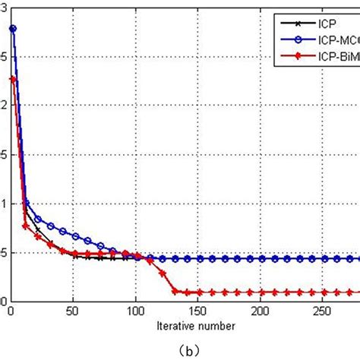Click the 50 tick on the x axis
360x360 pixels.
click(74, 311)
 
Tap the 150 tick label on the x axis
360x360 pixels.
click(199, 311)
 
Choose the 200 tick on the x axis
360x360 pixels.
click(261, 311)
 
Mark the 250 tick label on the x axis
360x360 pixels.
click(324, 311)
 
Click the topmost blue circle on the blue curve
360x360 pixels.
click(13, 29)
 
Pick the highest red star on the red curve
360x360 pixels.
click(13, 78)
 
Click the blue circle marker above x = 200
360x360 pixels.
click(261, 258)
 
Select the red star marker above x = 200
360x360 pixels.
click(261, 292)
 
